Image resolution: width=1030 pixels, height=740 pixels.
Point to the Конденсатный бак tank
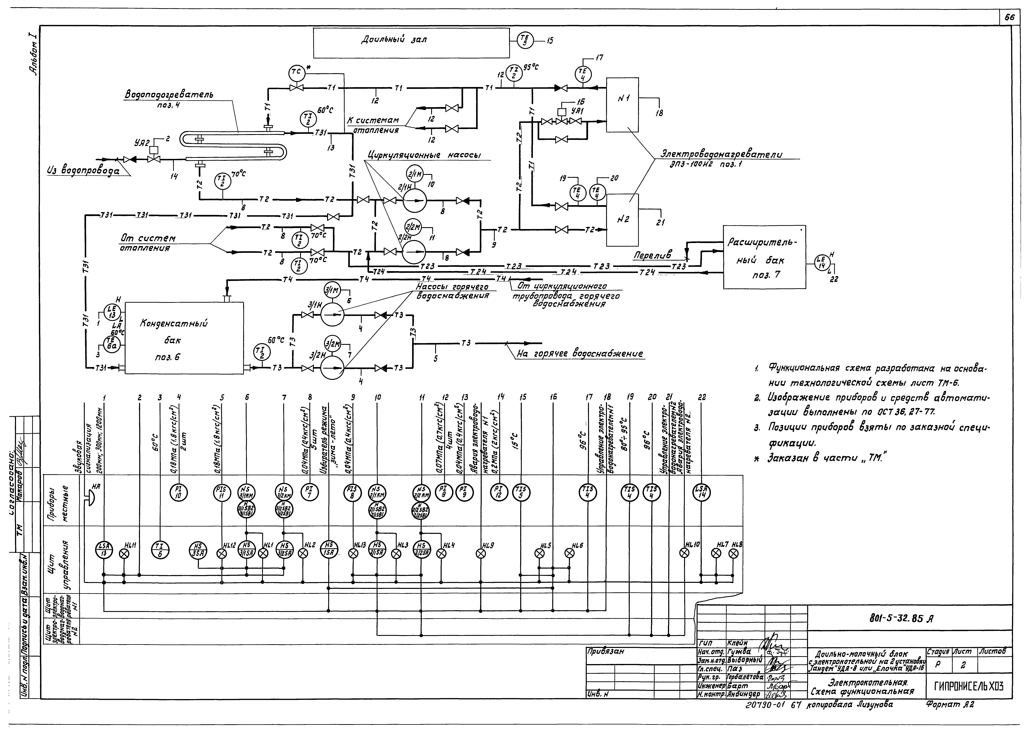point(184,338)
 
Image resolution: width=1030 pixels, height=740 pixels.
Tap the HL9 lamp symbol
point(481,553)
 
